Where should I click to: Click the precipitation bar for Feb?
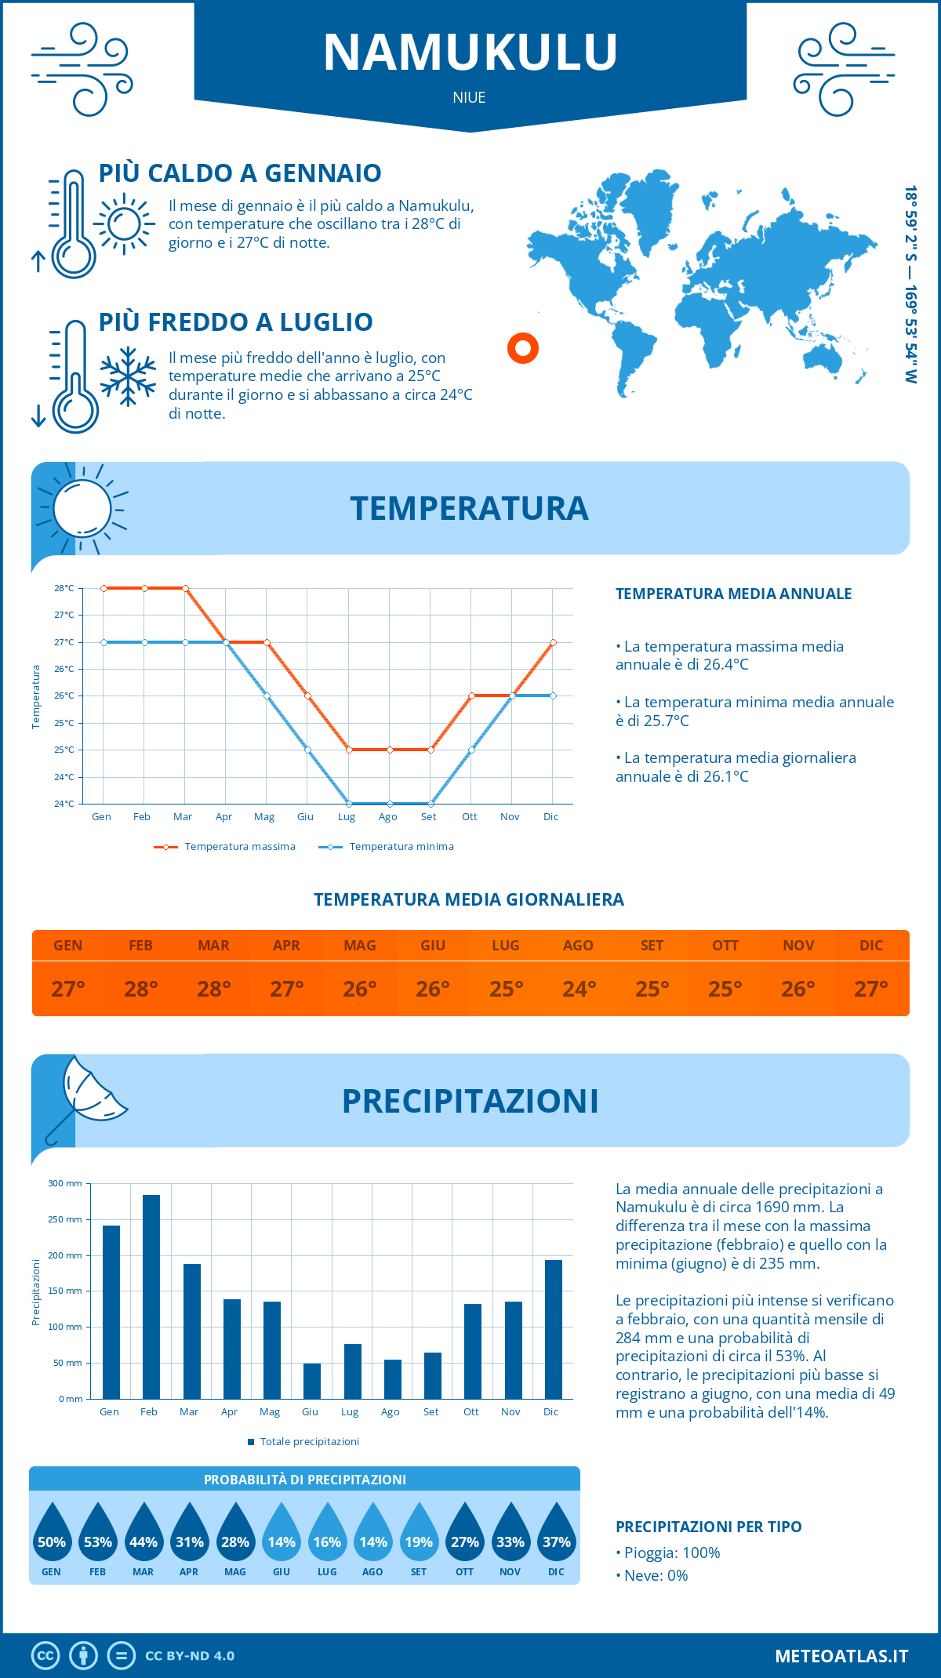[151, 1297]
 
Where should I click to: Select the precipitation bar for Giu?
[311, 1381]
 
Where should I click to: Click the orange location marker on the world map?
[522, 347]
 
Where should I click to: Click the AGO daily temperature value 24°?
[579, 989]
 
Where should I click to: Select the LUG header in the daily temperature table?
[506, 946]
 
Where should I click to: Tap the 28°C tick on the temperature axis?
[64, 588]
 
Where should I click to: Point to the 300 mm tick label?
[65, 1183]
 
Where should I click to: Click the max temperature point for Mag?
[267, 642]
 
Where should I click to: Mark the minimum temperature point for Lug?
[349, 804]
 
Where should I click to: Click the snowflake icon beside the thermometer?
[128, 376]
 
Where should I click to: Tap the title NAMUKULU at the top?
[470, 53]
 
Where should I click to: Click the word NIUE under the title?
[469, 98]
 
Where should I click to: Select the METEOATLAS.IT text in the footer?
[841, 1656]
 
